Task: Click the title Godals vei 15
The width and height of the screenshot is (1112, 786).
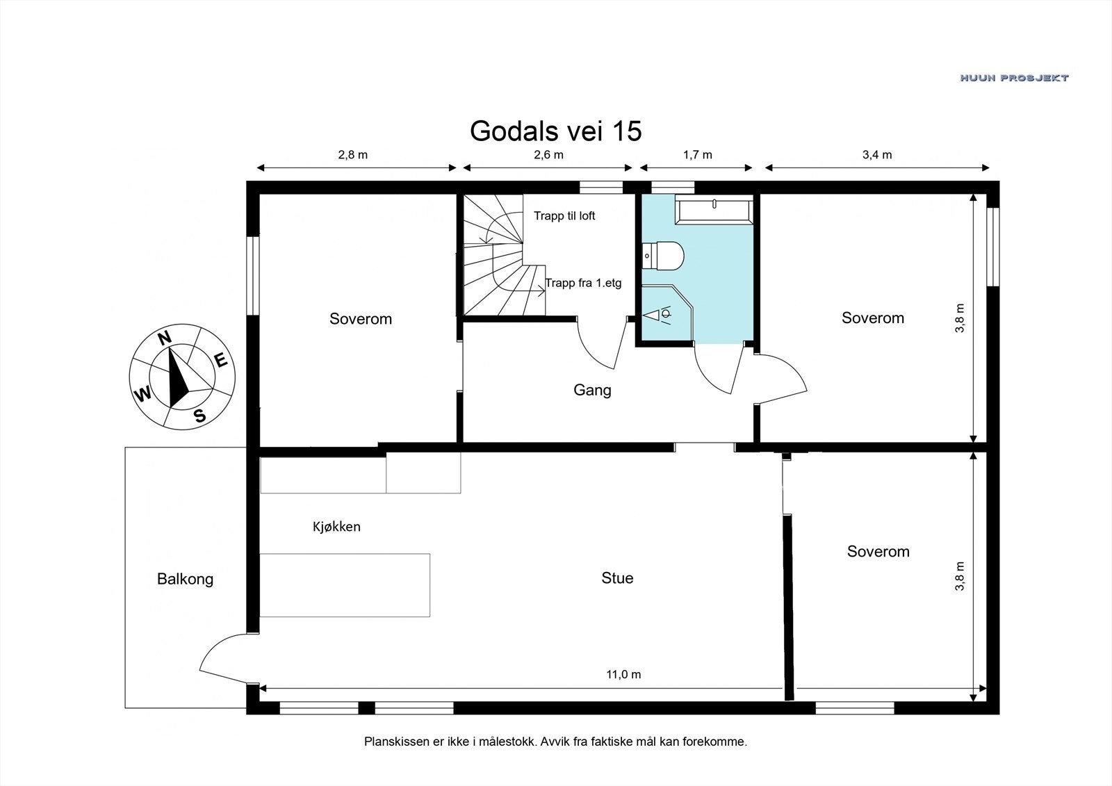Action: (555, 131)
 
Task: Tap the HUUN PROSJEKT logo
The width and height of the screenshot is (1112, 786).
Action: (1014, 78)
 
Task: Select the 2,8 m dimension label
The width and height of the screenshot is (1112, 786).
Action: (353, 155)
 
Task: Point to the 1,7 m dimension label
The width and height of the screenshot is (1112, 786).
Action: (698, 155)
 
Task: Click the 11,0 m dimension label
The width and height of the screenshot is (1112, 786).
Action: (623, 674)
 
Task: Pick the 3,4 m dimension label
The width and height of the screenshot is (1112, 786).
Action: (877, 155)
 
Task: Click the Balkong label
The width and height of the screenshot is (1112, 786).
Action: (185, 579)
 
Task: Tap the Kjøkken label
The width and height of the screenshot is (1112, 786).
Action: (336, 526)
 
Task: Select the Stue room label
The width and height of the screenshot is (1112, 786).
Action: (618, 578)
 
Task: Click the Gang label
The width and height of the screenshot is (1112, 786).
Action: (592, 390)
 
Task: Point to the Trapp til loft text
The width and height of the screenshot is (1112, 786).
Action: (564, 216)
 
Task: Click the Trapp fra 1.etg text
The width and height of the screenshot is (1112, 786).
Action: (583, 283)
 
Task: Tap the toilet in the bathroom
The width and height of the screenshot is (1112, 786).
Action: (663, 256)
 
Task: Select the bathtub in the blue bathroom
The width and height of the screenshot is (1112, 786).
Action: (714, 210)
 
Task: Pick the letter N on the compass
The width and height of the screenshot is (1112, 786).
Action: (164, 338)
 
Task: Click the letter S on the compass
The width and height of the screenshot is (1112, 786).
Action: (199, 415)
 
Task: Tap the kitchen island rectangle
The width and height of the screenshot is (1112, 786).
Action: (345, 585)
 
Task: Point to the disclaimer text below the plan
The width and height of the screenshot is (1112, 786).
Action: (555, 742)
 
